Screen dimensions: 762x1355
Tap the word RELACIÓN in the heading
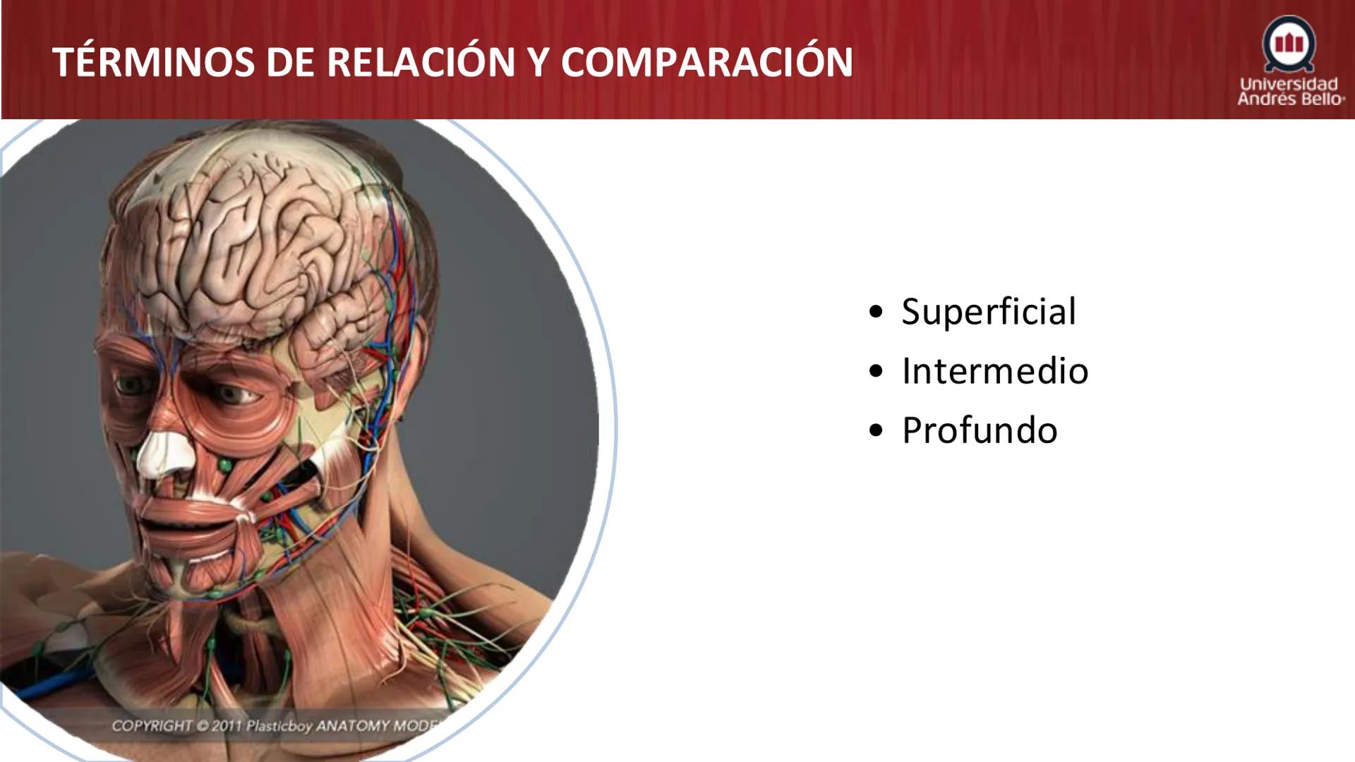421,62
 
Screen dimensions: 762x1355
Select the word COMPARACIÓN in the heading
706,62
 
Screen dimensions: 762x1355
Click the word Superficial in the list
989,312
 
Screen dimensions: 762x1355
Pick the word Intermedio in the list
995,371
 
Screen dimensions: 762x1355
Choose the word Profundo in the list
980,430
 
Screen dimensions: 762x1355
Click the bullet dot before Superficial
877,312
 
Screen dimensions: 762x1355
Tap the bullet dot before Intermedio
877,371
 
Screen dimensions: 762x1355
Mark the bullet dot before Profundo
877,430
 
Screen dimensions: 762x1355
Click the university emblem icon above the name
1289,44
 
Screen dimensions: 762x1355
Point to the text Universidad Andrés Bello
1289,92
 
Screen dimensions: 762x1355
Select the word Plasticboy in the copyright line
279,726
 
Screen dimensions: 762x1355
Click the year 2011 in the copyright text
226,726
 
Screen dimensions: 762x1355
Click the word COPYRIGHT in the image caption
152,726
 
